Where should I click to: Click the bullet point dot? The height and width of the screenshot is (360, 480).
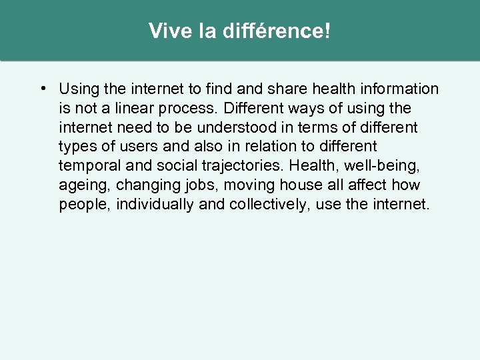tap(42, 89)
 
